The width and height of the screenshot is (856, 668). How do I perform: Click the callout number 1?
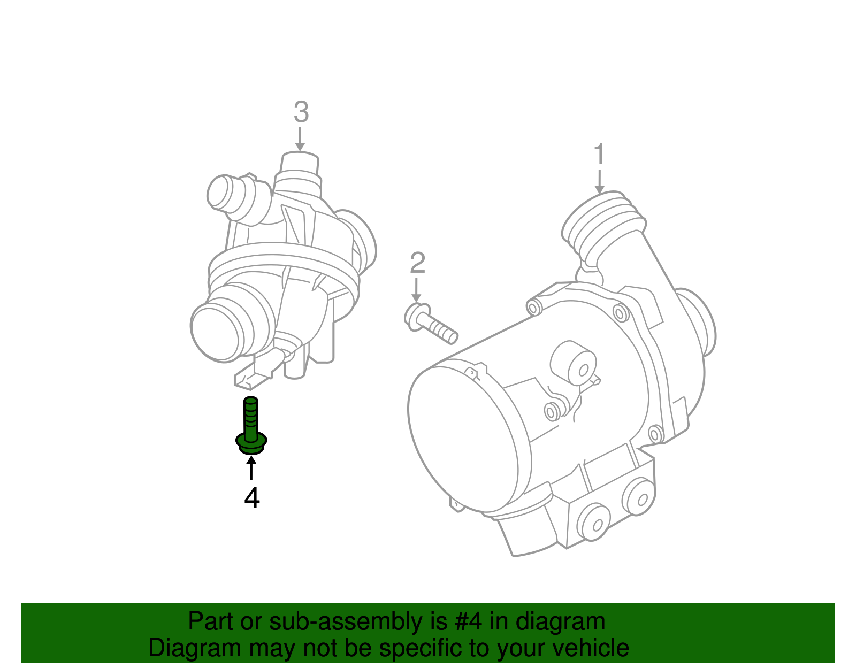tap(599, 154)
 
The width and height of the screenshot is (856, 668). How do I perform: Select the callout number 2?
tap(417, 263)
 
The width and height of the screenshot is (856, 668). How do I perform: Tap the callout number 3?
tap(301, 112)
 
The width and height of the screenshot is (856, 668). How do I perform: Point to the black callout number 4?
tap(252, 498)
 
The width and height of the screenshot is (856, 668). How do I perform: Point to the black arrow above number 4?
tap(251, 468)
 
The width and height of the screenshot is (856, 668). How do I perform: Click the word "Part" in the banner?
tap(211, 622)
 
